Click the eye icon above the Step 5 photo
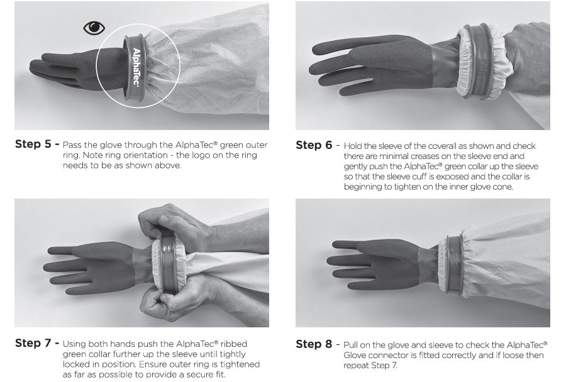point(94,28)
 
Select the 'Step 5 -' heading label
point(37,144)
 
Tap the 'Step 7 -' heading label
point(37,343)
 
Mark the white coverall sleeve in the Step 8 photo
point(509,258)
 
